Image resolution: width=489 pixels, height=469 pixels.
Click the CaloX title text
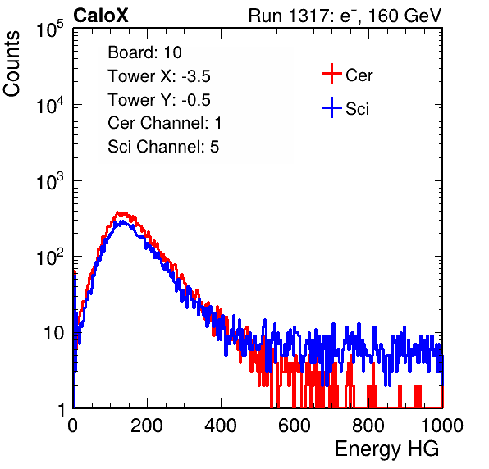tap(100, 16)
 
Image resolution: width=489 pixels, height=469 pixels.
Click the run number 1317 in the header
tap(308, 16)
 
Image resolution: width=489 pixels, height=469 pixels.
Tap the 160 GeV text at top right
tap(405, 16)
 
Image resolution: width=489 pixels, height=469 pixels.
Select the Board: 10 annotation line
tap(144, 52)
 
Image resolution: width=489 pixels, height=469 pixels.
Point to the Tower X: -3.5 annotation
tap(159, 76)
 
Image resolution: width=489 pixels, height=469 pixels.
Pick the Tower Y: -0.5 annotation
tap(159, 100)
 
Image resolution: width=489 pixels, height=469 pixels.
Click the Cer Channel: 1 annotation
tap(164, 123)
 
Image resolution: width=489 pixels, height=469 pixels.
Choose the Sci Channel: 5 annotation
tap(163, 147)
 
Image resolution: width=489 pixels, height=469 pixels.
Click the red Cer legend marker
tap(331, 74)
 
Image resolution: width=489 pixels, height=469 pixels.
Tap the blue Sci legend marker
tap(331, 107)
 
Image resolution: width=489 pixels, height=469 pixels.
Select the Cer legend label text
tap(359, 75)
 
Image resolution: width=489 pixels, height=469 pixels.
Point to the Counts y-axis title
tap(11, 64)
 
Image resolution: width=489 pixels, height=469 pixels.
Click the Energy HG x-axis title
tap(386, 449)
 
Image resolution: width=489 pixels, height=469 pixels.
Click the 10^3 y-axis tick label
tap(50, 181)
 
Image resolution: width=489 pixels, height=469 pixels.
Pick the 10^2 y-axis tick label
tap(50, 257)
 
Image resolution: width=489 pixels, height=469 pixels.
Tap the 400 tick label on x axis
tap(221, 426)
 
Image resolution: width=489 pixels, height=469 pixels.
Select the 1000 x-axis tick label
tap(442, 426)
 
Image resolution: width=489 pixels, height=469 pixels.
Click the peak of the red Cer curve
tap(117, 213)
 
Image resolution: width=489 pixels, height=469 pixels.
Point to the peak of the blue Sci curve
tap(122, 221)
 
